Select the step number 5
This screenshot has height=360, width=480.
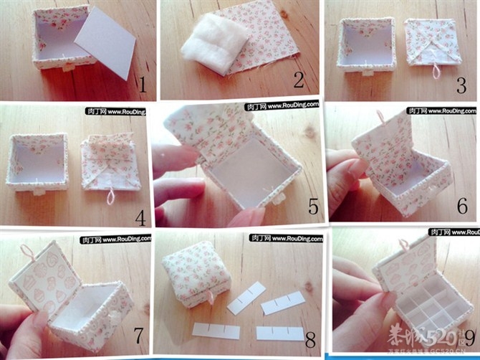(312, 207)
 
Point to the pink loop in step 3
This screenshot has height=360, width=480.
(434, 70)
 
